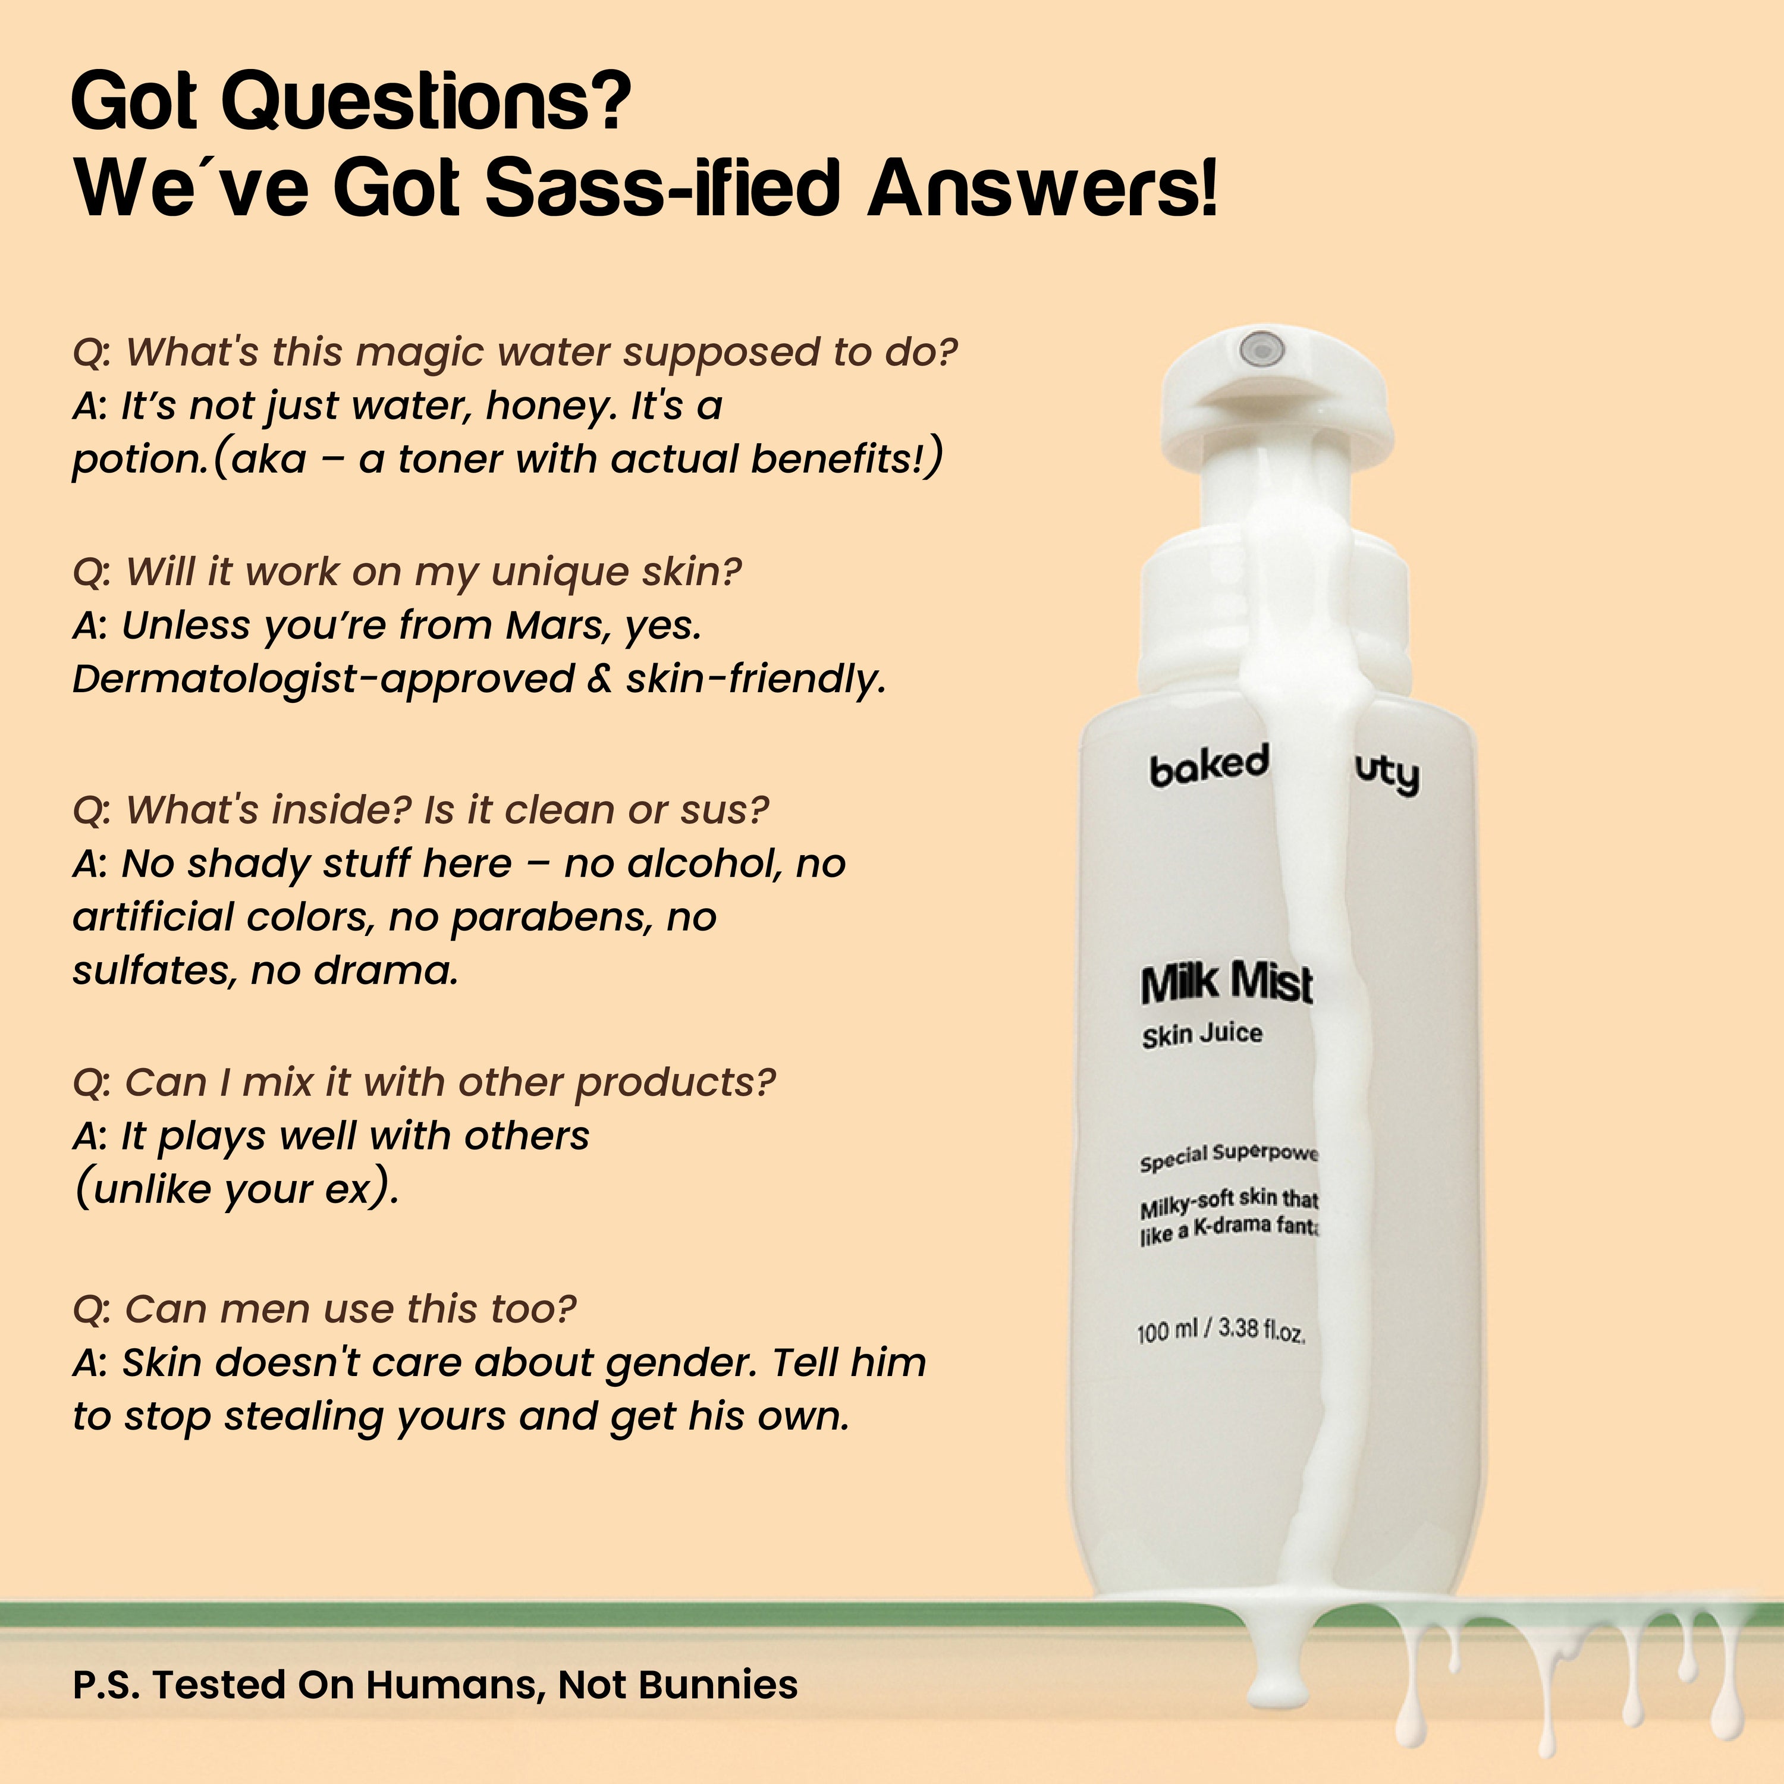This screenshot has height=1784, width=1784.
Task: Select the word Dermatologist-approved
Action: (323, 680)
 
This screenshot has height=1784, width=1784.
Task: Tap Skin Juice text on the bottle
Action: (1201, 1034)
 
